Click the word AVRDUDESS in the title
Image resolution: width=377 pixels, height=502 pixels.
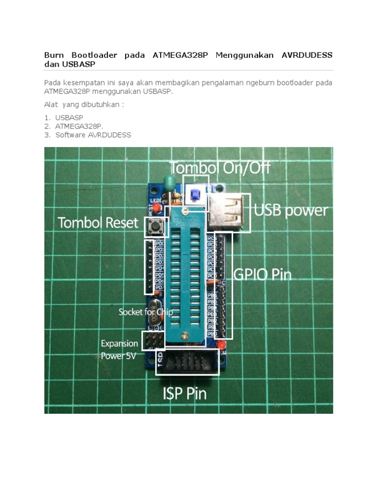click(307, 55)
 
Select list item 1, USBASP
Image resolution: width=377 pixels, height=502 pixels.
click(69, 118)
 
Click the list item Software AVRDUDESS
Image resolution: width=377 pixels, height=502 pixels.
click(93, 135)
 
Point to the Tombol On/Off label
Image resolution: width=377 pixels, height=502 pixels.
click(220, 168)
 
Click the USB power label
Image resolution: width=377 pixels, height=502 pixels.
click(291, 211)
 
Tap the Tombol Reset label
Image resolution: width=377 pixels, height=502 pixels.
click(98, 223)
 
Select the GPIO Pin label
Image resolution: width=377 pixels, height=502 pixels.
click(262, 275)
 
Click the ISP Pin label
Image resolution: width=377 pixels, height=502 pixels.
click(185, 393)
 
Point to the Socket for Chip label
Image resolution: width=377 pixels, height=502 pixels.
click(146, 312)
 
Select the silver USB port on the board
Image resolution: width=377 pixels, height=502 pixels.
click(227, 212)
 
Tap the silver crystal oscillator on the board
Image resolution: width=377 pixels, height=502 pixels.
click(154, 311)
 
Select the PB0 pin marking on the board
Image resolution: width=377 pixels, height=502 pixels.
click(212, 334)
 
